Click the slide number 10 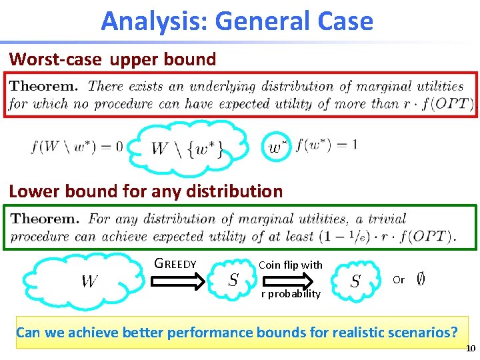pos(471,349)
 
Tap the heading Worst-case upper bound pos(113,59)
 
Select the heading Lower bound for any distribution pos(145,191)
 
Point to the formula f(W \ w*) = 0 pos(77,146)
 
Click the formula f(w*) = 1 pos(326,145)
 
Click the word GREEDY pos(175,263)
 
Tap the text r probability pos(290,293)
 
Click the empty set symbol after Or pos(421,279)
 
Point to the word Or pos(399,280)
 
